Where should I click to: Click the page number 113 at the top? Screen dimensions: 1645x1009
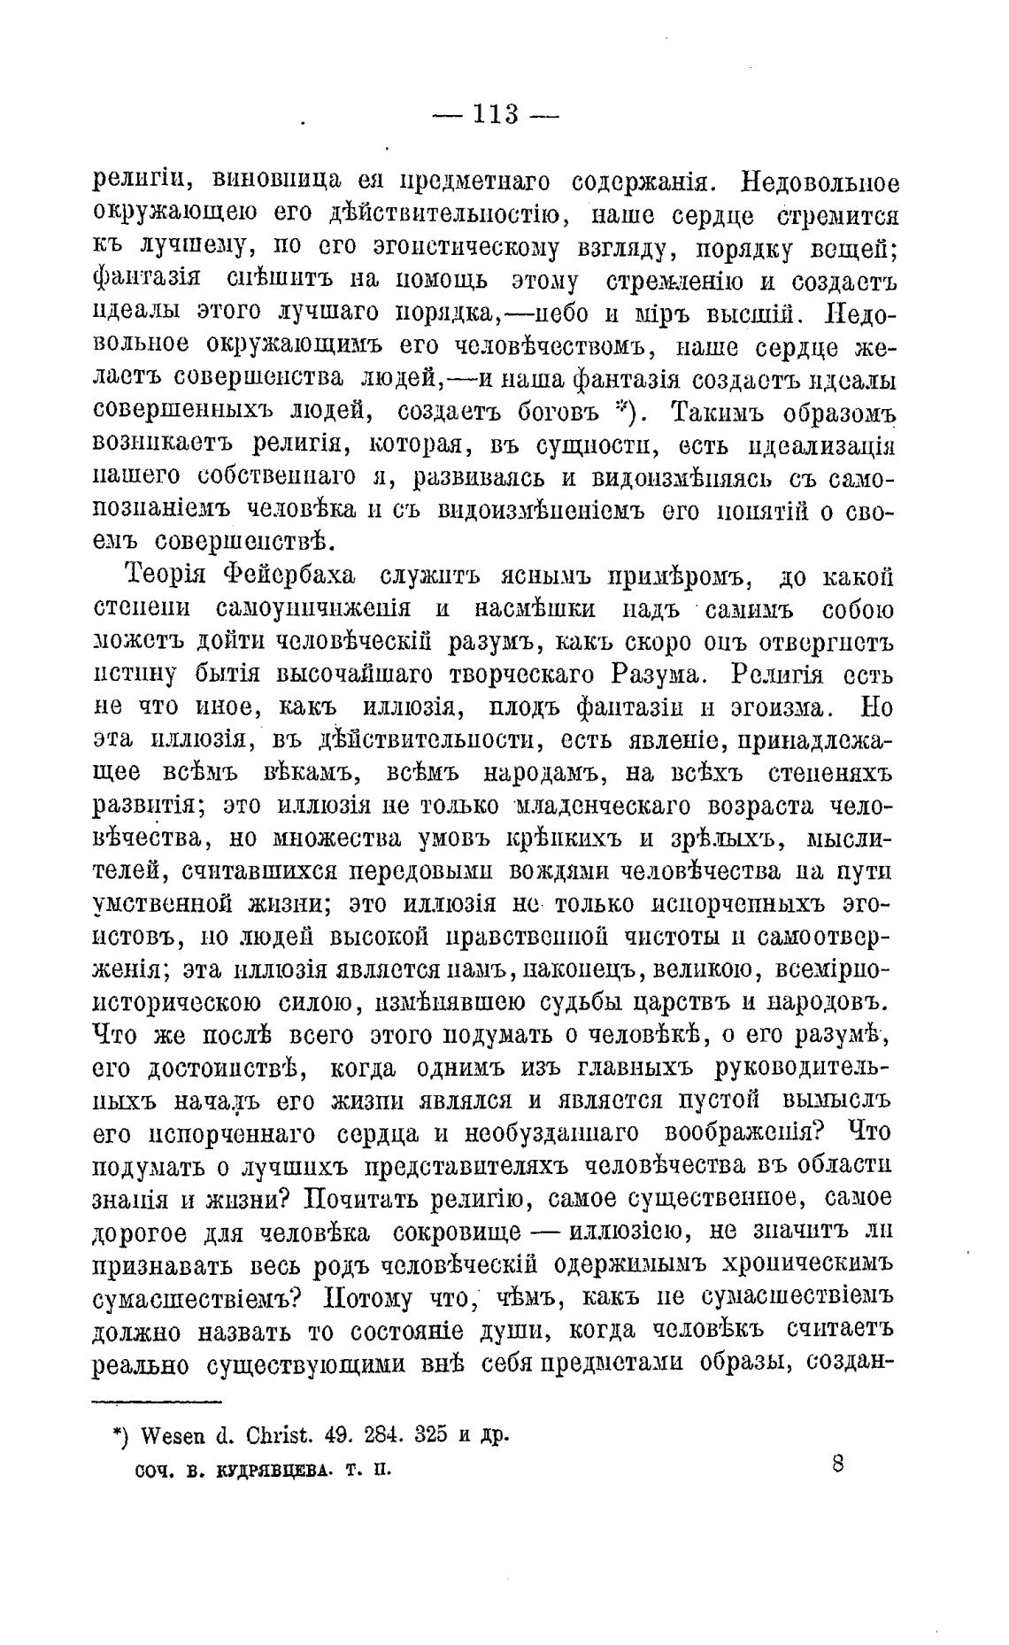click(495, 115)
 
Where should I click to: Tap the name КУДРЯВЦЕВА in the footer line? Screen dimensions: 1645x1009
click(267, 1471)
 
